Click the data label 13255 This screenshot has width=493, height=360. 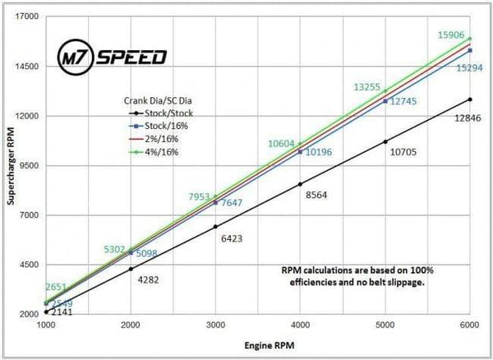tap(367, 87)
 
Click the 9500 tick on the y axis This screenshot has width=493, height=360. tap(30, 165)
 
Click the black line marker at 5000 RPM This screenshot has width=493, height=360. tap(385, 141)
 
